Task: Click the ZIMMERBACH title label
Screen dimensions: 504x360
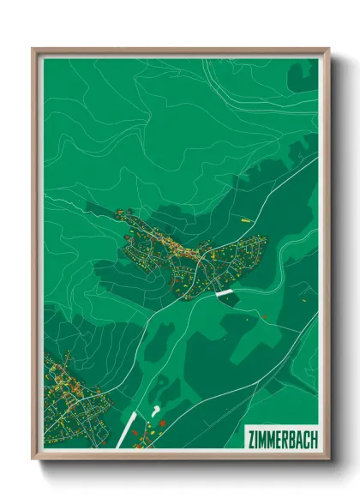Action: [x=281, y=437]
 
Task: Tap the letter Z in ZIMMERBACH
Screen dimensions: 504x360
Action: [x=250, y=437]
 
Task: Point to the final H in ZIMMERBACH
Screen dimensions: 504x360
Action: [x=313, y=437]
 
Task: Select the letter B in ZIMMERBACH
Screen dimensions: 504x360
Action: [x=291, y=437]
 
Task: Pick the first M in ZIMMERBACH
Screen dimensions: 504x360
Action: [x=262, y=437]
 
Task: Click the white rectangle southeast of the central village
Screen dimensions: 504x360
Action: [x=225, y=293]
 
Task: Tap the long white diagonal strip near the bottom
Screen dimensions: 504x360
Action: [x=126, y=429]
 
